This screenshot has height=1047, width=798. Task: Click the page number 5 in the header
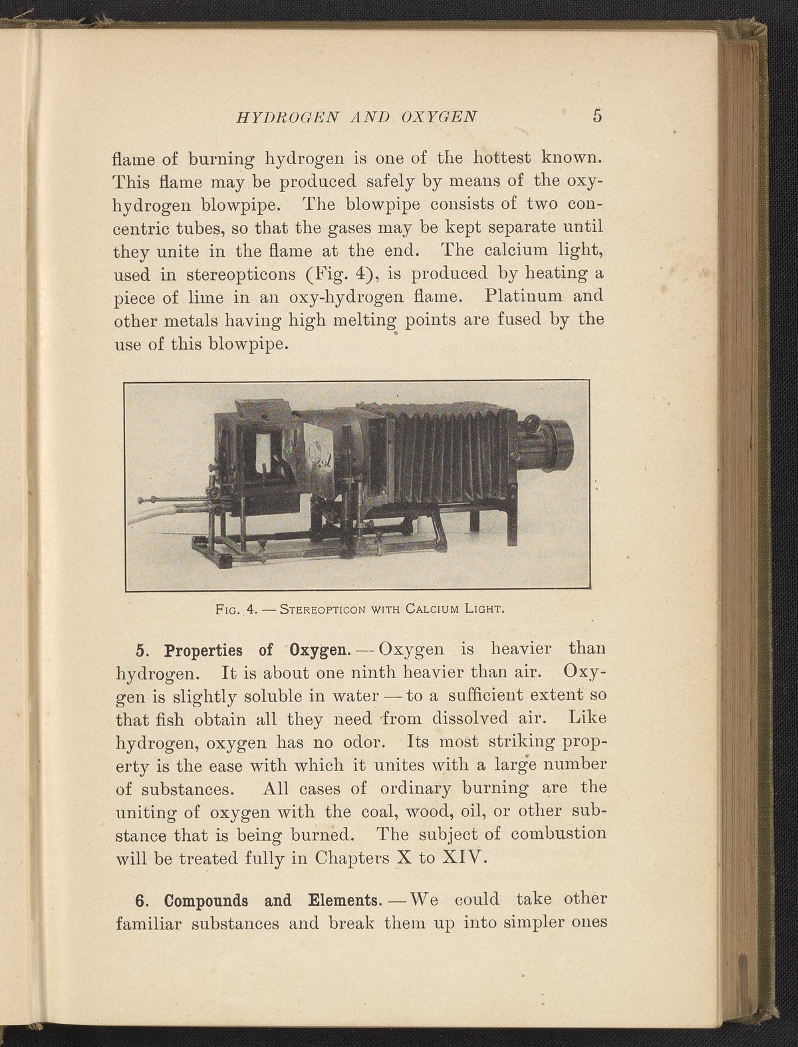pyautogui.click(x=597, y=116)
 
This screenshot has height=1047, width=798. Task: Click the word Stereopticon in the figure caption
pyautogui.click(x=321, y=608)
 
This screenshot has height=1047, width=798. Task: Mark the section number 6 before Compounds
pyautogui.click(x=140, y=901)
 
